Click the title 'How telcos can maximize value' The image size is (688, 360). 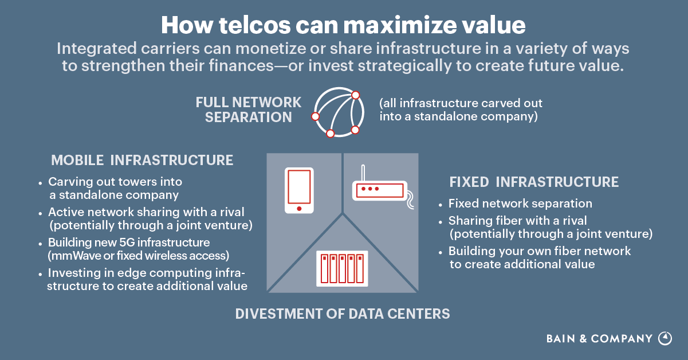[343, 25]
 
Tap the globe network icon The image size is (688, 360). [339, 113]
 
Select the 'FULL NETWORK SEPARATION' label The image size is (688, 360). [248, 109]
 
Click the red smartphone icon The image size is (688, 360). [299, 190]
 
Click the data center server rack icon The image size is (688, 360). [343, 268]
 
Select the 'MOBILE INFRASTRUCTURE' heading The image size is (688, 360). [142, 160]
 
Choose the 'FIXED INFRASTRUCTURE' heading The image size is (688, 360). [534, 182]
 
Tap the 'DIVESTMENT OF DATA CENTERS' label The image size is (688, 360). [343, 314]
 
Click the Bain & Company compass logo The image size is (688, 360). [665, 338]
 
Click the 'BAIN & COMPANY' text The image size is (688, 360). [599, 339]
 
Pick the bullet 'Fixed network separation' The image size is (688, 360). [520, 204]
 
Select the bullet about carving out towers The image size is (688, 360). [115, 188]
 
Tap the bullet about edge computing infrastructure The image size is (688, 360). [147, 279]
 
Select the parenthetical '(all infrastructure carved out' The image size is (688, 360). [461, 104]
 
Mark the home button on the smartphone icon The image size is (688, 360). [299, 208]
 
